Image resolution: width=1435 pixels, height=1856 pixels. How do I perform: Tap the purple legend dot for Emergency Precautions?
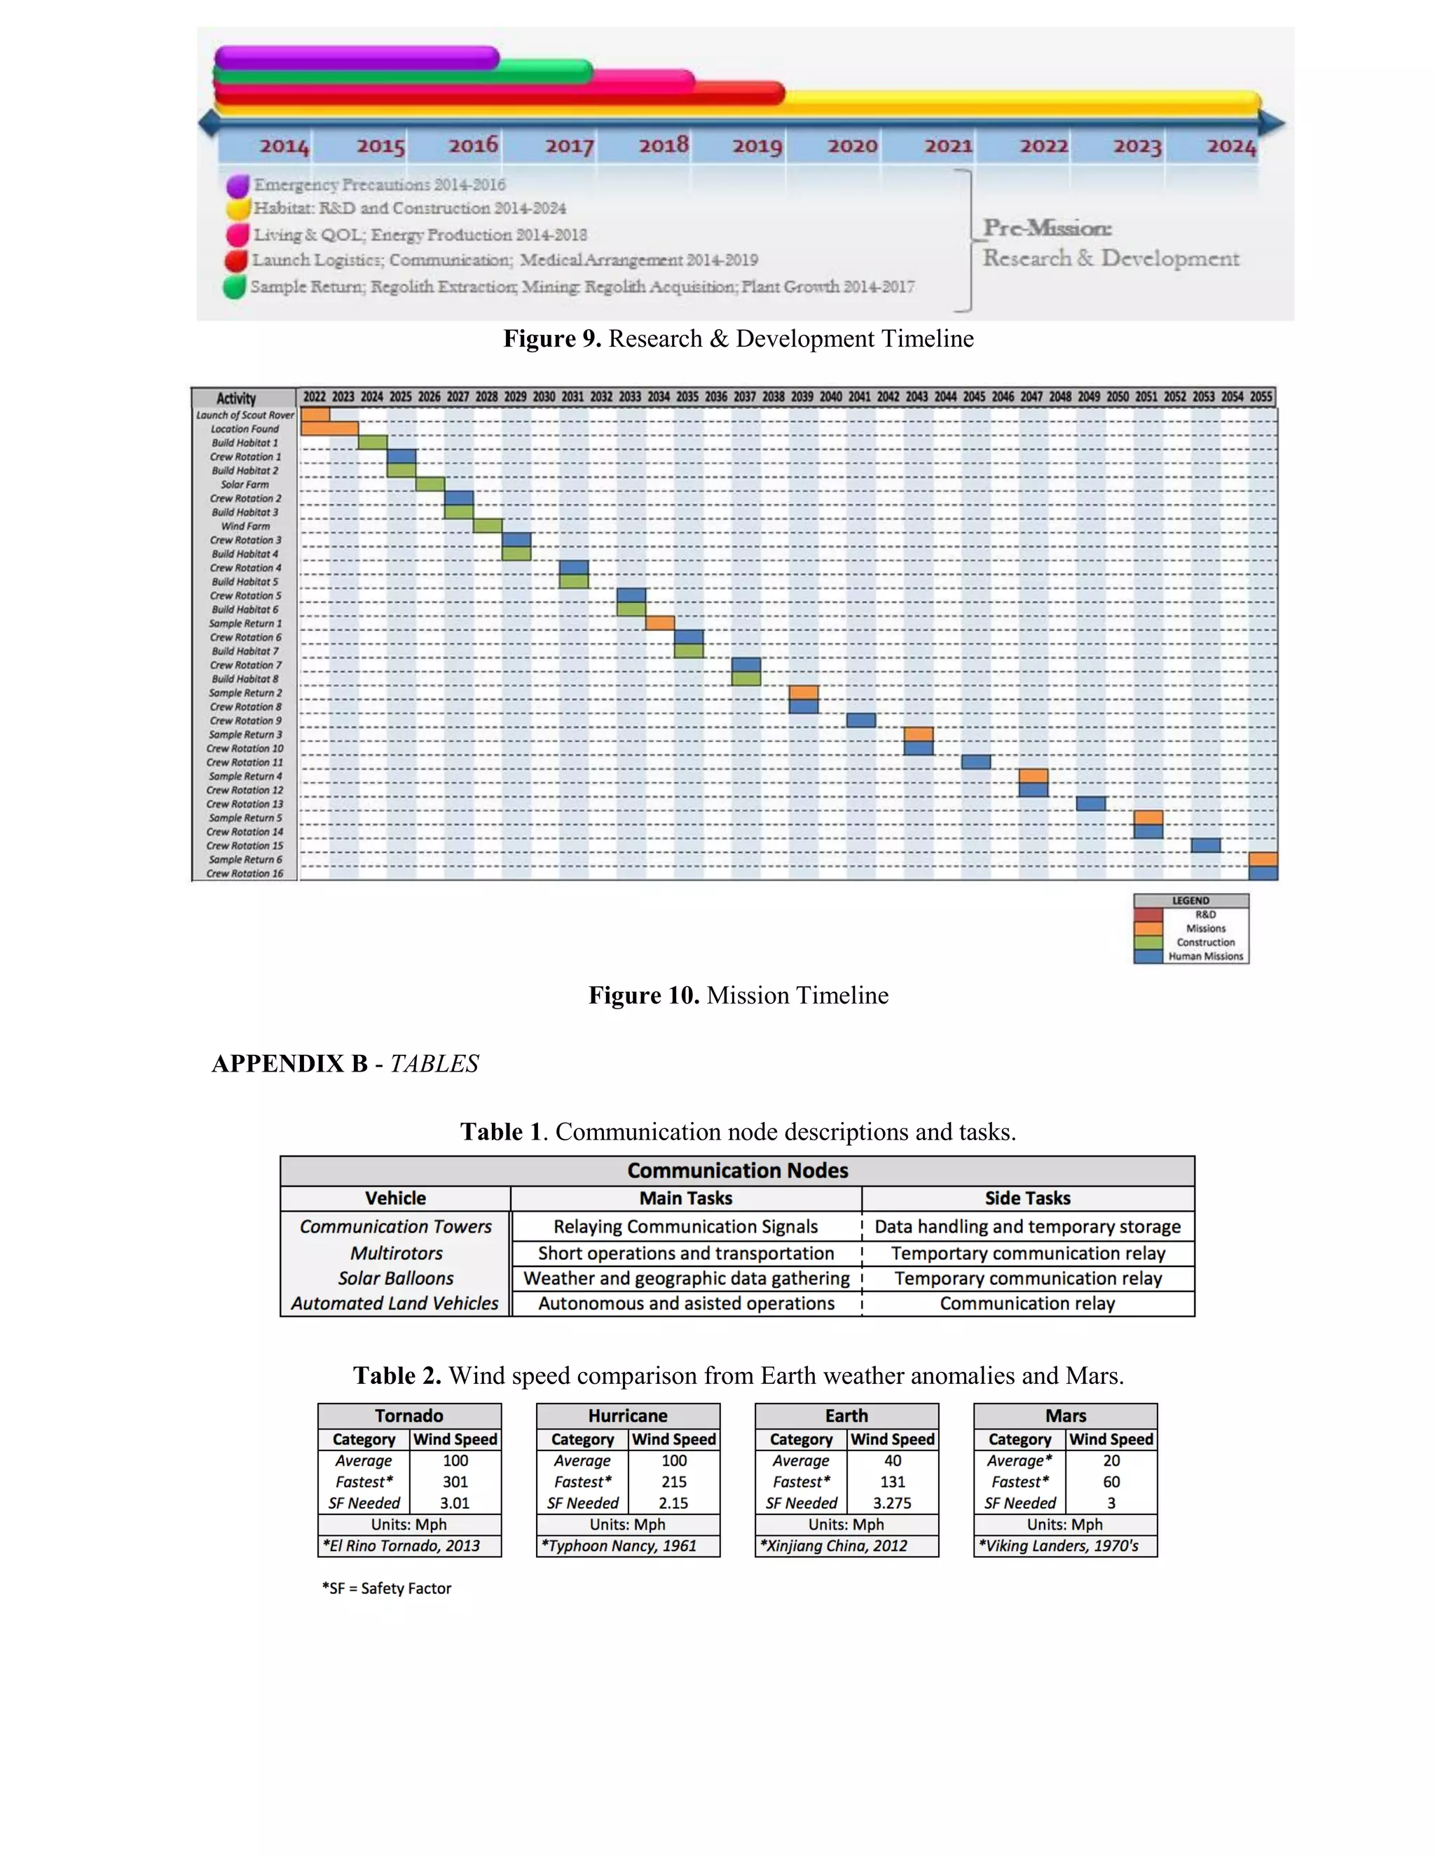pos(238,186)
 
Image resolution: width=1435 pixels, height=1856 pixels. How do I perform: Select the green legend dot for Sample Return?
pos(235,287)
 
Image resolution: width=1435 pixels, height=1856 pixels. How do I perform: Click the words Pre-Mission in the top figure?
pos(1047,228)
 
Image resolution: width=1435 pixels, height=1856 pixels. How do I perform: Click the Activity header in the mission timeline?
pos(236,398)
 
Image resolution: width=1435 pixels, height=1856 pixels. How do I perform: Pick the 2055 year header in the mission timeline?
pos(1261,397)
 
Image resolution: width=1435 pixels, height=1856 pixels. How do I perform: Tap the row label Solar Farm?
pos(245,485)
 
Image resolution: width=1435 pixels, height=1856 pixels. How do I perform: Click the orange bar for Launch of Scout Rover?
pos(315,415)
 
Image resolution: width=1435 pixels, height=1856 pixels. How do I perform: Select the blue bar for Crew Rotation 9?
pos(860,721)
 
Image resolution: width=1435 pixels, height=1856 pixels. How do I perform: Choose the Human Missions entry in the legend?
pos(1204,956)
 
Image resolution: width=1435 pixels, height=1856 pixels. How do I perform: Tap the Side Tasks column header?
pos(1027,1198)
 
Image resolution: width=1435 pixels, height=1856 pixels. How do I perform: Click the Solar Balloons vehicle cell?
pos(395,1278)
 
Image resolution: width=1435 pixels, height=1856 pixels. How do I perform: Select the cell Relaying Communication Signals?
pos(685,1226)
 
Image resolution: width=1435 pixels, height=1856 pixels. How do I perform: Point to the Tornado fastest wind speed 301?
pos(455,1481)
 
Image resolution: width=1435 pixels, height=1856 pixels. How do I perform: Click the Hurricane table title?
pos(627,1415)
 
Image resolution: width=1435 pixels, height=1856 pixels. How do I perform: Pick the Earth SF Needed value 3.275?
pos(892,1502)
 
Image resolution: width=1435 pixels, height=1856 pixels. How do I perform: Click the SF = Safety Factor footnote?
pos(387,1588)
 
